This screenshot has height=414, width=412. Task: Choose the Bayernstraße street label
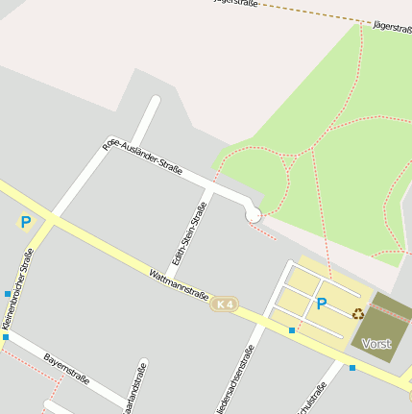[x=66, y=369]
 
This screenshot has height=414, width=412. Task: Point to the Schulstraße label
[x=313, y=396]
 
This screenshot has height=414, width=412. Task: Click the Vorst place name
[x=376, y=343]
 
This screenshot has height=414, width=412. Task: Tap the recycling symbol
[x=358, y=312]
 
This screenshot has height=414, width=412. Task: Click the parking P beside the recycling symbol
[x=322, y=304]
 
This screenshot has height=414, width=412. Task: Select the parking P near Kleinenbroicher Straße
[x=26, y=222]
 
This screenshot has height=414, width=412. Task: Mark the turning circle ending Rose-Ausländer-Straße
[x=254, y=216]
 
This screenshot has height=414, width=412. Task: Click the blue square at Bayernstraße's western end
[x=6, y=337]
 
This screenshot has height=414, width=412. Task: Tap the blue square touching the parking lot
[x=292, y=330]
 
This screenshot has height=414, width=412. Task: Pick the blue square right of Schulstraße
[x=352, y=368]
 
